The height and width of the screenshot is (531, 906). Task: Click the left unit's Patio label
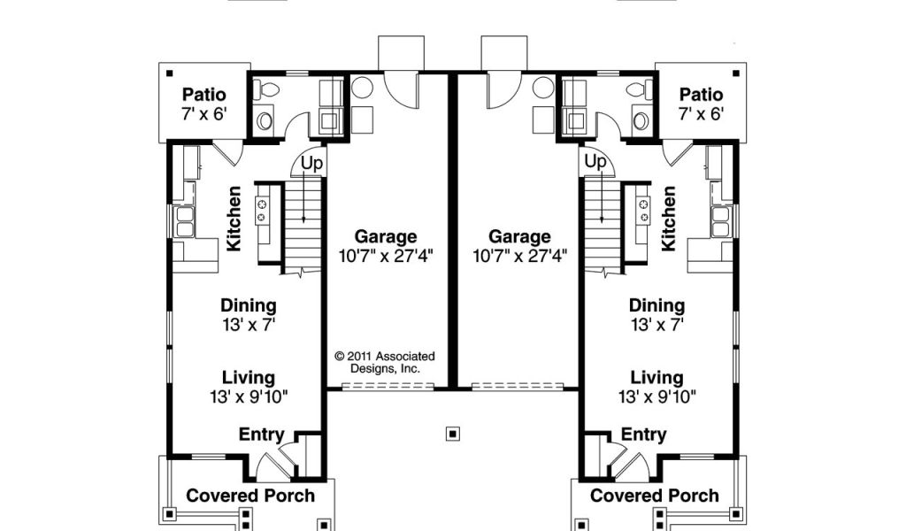[x=204, y=94]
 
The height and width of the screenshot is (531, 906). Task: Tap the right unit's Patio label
[x=701, y=94]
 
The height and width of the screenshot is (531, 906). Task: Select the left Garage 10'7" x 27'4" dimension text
[x=386, y=256]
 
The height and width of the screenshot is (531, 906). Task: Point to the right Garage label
[x=519, y=236]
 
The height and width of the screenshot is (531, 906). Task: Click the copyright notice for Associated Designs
[x=385, y=362]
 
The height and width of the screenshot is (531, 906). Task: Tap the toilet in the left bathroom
[x=267, y=89]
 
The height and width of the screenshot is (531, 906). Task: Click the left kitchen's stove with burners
[x=262, y=211]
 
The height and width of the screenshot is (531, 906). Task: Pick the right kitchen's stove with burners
[x=643, y=211]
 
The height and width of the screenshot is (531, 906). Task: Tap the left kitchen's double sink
[x=185, y=222]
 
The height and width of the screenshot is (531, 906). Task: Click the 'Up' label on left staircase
[x=311, y=164]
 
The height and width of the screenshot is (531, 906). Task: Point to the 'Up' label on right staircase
[x=595, y=162]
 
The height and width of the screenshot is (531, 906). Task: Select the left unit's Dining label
[x=249, y=305]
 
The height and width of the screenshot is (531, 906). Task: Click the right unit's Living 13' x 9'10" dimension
[x=657, y=397]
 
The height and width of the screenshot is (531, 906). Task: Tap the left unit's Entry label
[x=261, y=434]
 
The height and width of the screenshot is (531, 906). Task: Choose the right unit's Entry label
[x=644, y=434]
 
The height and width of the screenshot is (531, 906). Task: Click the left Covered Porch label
[x=250, y=496]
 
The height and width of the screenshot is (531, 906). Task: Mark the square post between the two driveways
[x=454, y=434]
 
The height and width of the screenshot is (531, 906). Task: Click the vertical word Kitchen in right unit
[x=668, y=219]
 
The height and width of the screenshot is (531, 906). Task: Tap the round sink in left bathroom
[x=265, y=120]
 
